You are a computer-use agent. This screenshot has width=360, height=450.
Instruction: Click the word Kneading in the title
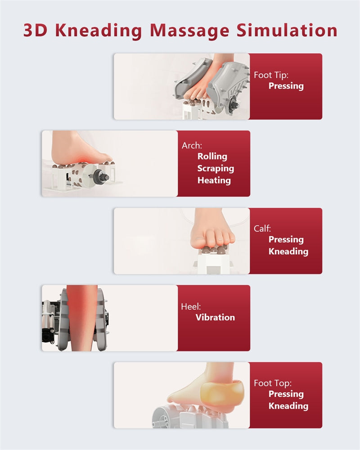99,31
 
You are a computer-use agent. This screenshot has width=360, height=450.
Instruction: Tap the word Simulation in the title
287,30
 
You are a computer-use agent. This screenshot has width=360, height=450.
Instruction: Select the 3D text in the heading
35,30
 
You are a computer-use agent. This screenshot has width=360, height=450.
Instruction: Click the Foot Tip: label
271,75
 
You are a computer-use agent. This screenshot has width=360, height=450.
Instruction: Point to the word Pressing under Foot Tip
286,86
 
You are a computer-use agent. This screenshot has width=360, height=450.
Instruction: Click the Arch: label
192,145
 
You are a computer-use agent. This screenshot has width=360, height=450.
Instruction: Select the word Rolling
212,157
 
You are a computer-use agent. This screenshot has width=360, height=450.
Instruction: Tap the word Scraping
216,168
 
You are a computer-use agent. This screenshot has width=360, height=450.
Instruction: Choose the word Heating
214,180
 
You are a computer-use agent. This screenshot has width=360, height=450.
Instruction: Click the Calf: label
262,229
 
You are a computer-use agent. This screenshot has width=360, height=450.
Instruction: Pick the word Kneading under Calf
288,252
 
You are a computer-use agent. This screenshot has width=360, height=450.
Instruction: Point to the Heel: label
191,306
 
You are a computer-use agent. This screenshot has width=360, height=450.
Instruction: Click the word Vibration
215,317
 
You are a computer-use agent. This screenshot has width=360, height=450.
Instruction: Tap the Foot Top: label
272,383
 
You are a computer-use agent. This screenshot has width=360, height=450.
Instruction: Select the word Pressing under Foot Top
286,394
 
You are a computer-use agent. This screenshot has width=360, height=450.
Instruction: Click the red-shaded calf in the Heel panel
81,318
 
